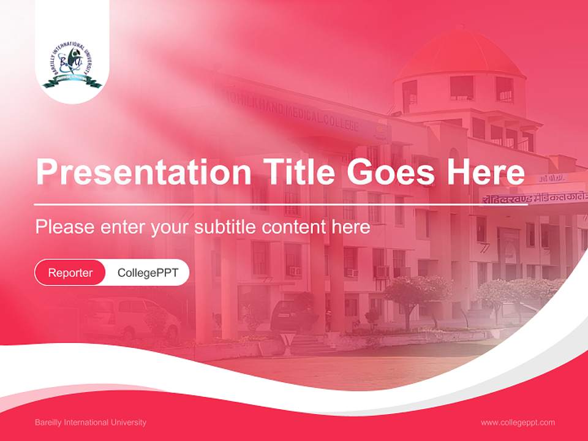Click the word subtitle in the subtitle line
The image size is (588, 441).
tap(227, 227)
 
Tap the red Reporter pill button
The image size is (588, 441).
tap(70, 273)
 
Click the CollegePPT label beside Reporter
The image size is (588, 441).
tap(148, 273)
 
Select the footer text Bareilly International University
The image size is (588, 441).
tap(91, 423)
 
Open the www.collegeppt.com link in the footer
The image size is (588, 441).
tap(518, 423)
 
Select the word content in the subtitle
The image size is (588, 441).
tap(298, 227)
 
